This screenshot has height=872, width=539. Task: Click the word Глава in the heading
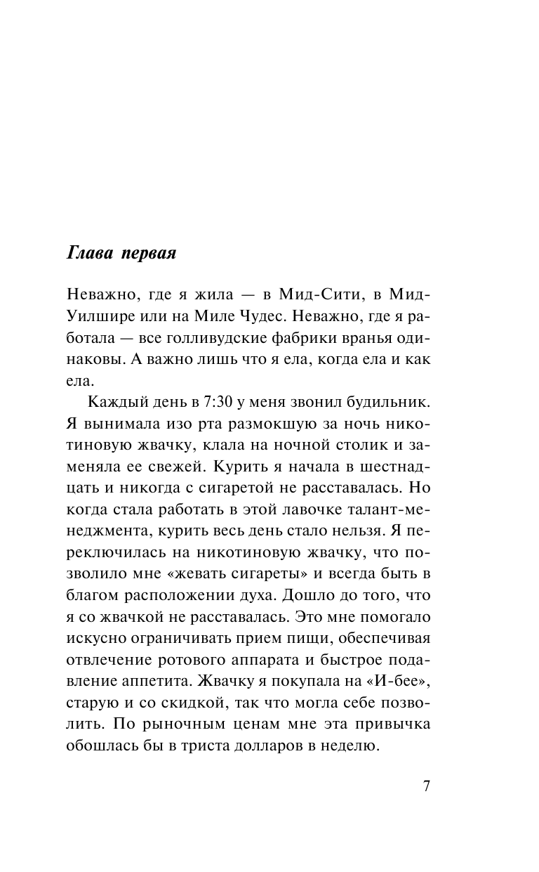[88, 253]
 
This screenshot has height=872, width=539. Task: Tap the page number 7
[427, 786]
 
